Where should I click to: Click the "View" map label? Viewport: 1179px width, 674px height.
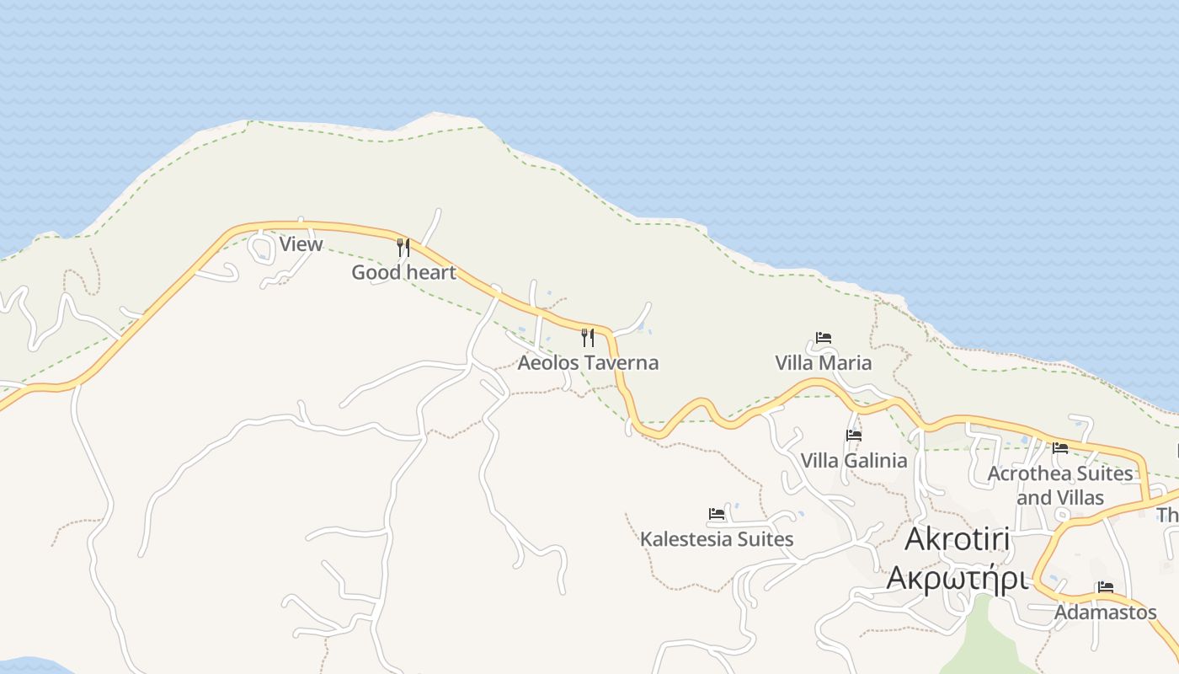301,244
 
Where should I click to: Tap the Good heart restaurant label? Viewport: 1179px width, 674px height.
403,272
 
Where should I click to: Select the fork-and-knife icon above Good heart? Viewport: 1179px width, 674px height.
403,247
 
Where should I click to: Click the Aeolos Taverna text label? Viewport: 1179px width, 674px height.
588,363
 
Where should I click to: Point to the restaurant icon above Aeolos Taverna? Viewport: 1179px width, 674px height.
588,338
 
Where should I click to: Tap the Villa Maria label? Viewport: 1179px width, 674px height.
823,363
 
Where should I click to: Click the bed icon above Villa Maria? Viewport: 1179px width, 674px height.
824,338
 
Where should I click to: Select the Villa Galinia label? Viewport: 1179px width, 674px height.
854,461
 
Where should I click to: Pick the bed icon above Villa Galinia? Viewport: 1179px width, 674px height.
854,436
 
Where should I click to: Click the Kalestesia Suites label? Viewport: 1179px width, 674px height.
717,539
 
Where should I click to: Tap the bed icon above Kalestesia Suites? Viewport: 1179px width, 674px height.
717,513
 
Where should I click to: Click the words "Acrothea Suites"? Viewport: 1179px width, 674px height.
1060,473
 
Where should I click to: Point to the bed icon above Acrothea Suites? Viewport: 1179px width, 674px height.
1060,448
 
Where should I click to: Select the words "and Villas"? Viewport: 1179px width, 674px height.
1060,498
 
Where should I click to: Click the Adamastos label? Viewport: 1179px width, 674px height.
1106,612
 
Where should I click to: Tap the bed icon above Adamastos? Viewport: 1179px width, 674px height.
1106,587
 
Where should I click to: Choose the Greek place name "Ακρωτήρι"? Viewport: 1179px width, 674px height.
958,580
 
